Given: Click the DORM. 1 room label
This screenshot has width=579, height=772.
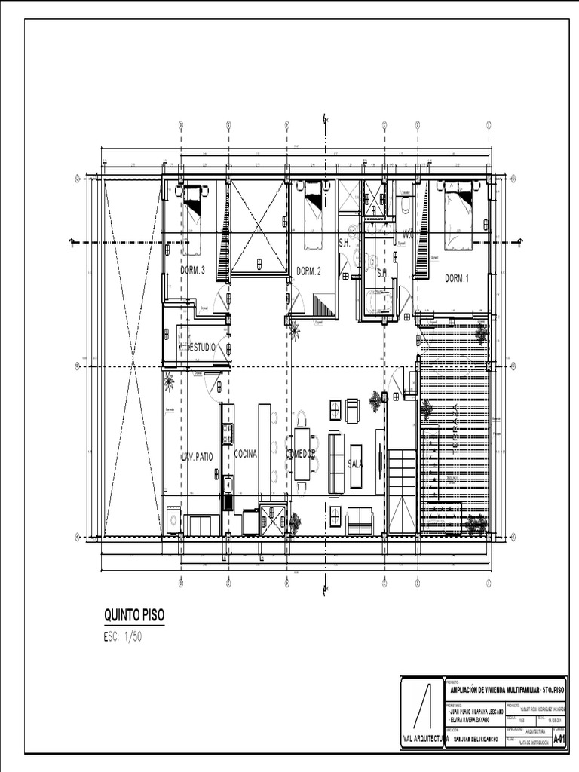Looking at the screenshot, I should click(x=456, y=278).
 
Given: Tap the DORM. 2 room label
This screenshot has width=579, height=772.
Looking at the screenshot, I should click(x=308, y=271).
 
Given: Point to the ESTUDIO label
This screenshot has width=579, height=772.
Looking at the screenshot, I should click(x=201, y=348).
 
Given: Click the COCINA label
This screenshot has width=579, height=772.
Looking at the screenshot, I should click(x=246, y=454).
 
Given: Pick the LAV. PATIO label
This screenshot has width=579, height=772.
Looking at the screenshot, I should click(x=198, y=456).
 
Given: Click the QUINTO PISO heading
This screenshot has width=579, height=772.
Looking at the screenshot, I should click(x=133, y=616).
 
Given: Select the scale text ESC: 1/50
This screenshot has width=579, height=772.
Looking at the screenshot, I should click(x=123, y=636).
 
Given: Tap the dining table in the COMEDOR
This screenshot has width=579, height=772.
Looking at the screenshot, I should click(x=302, y=454).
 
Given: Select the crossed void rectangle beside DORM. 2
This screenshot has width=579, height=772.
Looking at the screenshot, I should click(x=259, y=228).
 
